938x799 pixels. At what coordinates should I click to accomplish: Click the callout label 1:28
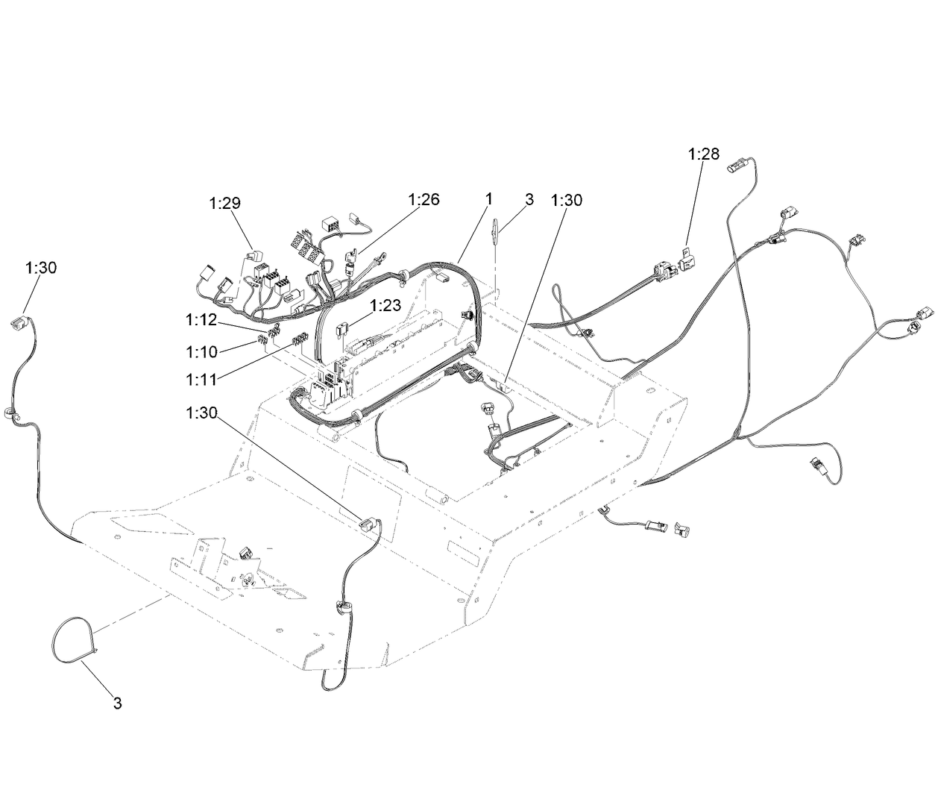click(703, 154)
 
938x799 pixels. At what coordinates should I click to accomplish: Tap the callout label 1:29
click(224, 203)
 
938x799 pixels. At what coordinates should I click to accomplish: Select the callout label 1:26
click(424, 199)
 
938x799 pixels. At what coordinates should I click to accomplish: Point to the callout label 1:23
click(385, 306)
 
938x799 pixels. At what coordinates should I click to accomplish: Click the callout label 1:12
click(201, 320)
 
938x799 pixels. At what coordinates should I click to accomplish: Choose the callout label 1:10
click(201, 351)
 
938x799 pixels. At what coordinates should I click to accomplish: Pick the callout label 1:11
click(201, 380)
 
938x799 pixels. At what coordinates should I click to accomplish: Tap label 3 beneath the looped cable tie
click(118, 704)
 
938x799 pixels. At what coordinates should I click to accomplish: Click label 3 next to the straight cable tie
click(529, 199)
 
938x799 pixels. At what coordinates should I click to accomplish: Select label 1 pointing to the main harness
click(488, 198)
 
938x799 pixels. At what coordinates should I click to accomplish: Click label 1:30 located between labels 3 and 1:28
click(567, 200)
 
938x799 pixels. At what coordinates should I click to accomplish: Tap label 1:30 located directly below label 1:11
click(201, 413)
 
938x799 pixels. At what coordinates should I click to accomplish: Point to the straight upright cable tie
click(495, 231)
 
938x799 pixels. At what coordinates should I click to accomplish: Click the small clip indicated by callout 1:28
click(688, 259)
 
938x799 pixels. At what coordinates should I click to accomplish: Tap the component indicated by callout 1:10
click(262, 339)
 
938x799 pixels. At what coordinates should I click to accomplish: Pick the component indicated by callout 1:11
click(300, 339)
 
